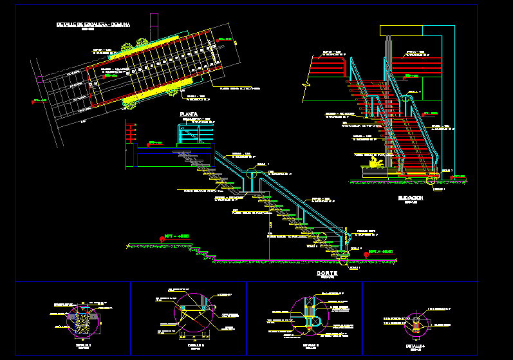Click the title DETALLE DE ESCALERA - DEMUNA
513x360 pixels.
[93, 24]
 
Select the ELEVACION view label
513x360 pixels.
[410, 198]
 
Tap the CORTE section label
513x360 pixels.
[327, 273]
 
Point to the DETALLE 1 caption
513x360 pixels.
[84, 345]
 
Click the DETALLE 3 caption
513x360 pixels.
[311, 345]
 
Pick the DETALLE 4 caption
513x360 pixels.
[415, 345]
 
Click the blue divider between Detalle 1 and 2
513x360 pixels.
[131, 317]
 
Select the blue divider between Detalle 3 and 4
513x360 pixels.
[362, 317]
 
